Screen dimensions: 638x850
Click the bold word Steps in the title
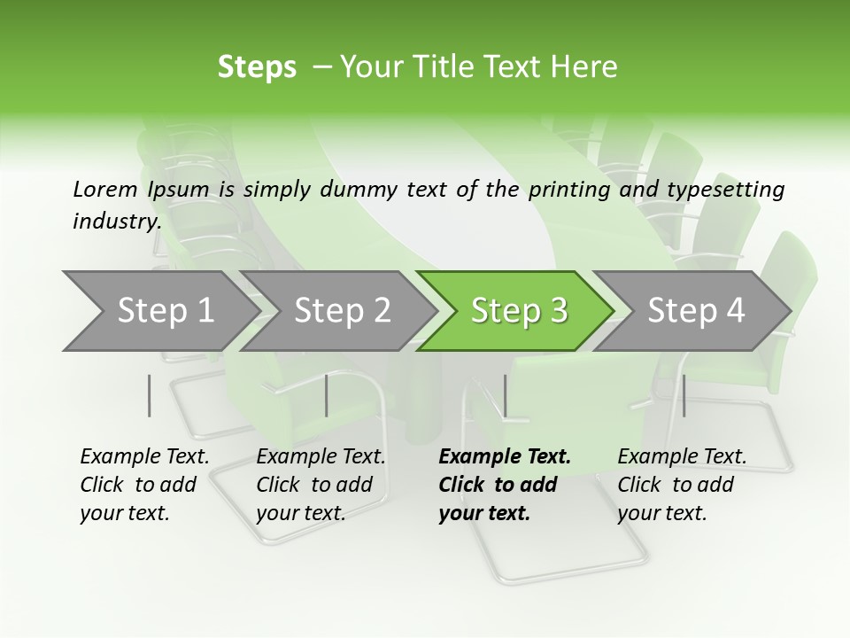coord(257,67)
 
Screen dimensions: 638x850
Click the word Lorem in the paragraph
coord(104,189)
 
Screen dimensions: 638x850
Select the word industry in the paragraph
coord(116,221)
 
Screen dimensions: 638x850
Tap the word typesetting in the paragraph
coord(724,189)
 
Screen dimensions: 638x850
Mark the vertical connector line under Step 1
coord(150,395)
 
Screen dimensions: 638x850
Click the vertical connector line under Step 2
coord(327,395)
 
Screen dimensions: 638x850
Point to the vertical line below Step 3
coord(505,395)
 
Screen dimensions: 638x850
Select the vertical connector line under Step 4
coord(684,395)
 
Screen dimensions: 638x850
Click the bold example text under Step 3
coord(504,485)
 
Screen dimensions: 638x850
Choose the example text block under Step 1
coord(144,485)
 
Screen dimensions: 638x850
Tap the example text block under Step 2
coord(321,485)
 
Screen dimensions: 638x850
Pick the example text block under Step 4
coord(682,485)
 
